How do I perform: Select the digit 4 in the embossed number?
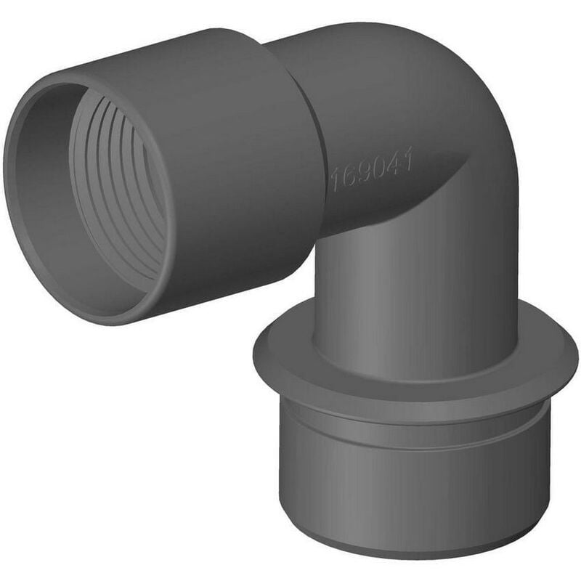(396, 165)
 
